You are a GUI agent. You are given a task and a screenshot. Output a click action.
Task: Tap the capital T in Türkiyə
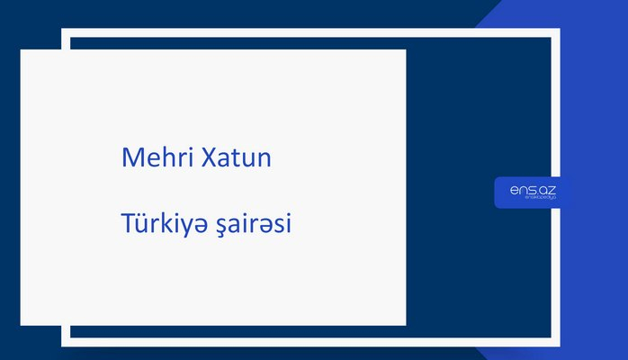click(128, 223)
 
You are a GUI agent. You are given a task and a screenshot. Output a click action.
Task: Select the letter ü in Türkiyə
click(141, 224)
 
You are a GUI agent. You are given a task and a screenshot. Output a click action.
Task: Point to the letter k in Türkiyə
click(165, 223)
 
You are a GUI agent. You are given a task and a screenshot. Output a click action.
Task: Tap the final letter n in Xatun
click(265, 159)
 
